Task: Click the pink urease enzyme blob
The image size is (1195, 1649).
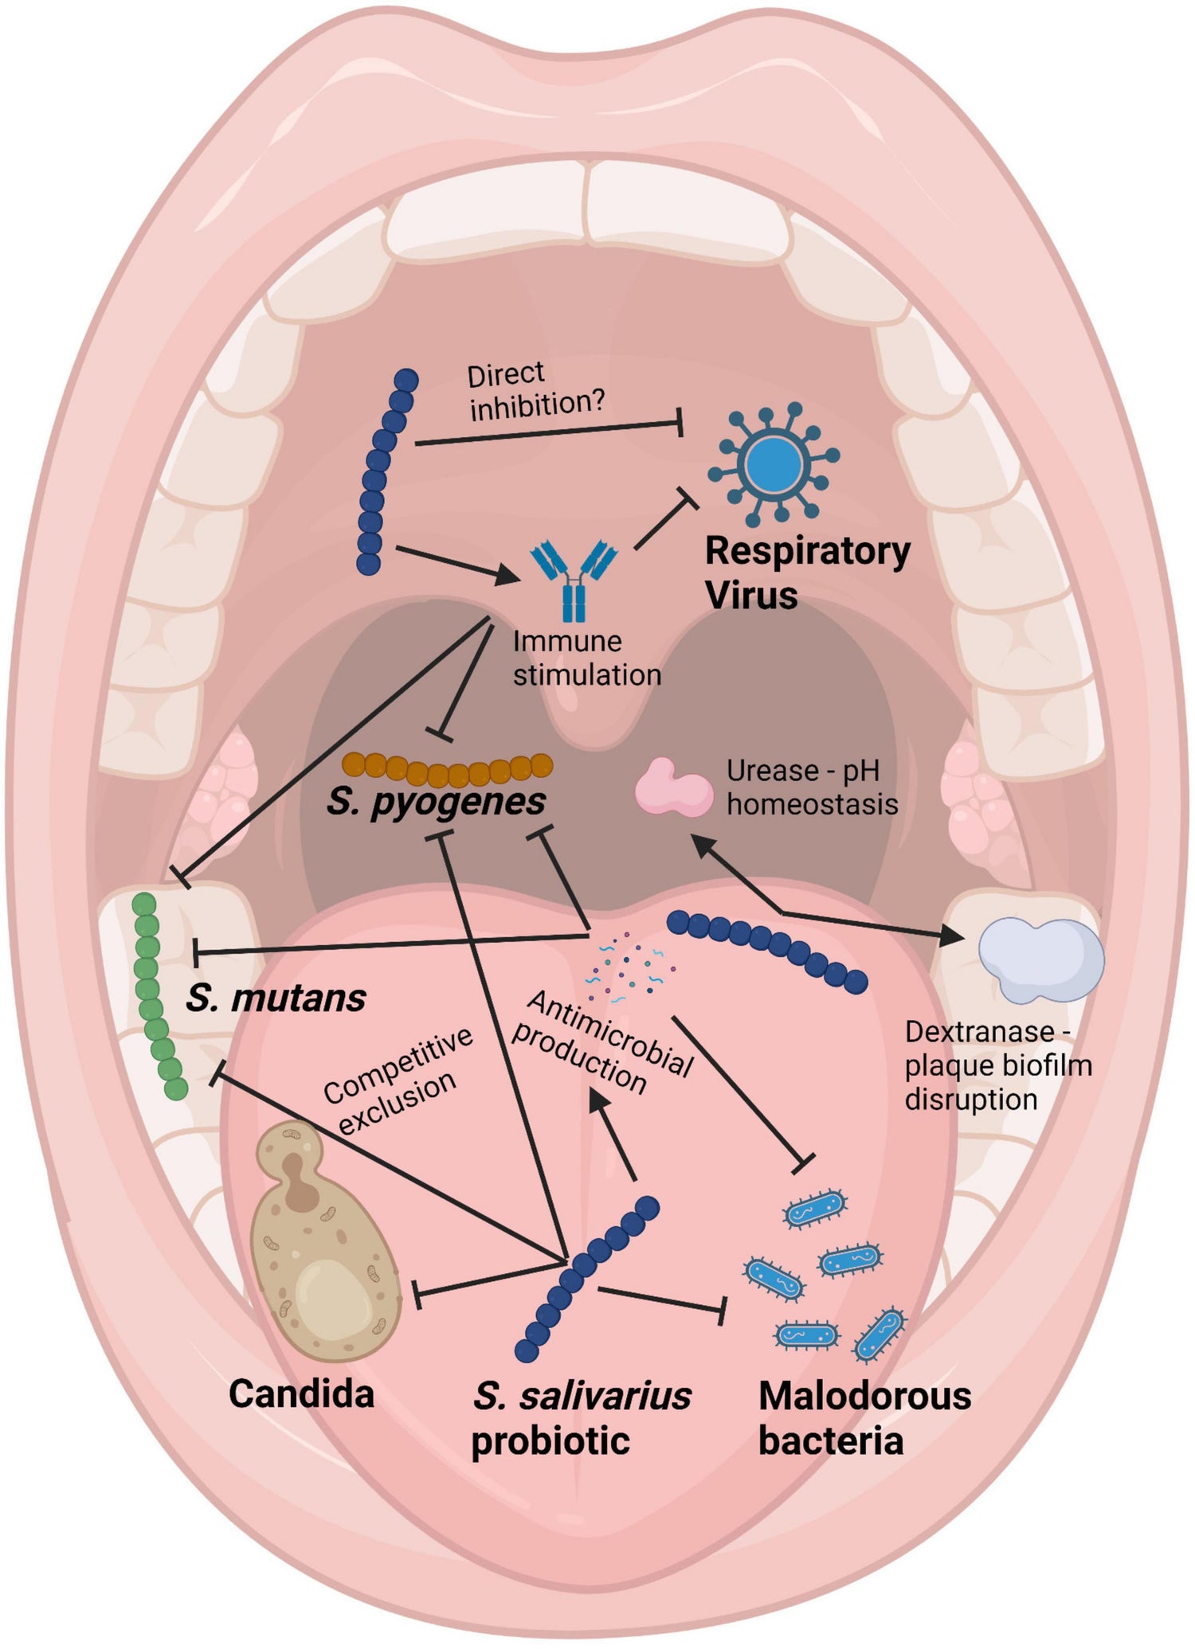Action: (x=673, y=789)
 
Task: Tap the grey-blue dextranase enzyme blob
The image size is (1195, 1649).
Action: (x=1040, y=959)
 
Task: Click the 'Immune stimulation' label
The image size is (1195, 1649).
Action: (x=586, y=658)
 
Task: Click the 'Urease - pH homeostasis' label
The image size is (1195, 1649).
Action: (x=810, y=787)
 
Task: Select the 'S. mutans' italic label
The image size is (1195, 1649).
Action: (x=276, y=998)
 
